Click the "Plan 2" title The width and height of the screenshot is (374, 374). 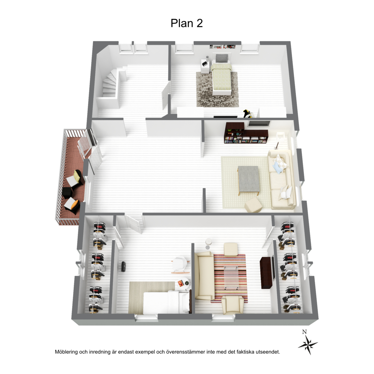(x=187, y=23)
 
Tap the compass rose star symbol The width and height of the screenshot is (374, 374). (x=308, y=345)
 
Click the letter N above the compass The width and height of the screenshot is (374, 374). (x=304, y=332)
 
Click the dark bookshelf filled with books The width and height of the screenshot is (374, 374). (x=246, y=133)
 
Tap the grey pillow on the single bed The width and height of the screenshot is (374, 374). (x=222, y=58)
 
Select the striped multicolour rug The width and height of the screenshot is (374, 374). (x=230, y=278)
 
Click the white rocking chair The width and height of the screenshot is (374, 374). (x=180, y=265)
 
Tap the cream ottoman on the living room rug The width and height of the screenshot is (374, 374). (x=253, y=205)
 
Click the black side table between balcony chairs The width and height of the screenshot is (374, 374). (x=67, y=193)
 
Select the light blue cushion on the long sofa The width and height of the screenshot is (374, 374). (x=278, y=167)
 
